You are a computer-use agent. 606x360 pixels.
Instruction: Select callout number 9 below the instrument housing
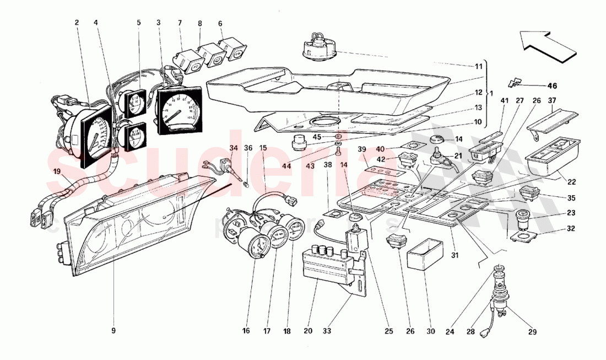[114, 331]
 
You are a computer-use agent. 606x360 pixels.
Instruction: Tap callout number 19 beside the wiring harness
[57, 171]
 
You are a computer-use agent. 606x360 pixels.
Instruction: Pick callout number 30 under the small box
[430, 331]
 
